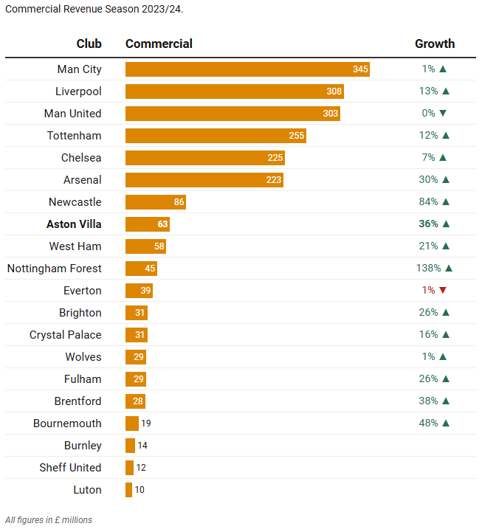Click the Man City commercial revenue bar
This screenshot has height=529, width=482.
(x=247, y=69)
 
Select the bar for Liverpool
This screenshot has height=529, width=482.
(x=234, y=91)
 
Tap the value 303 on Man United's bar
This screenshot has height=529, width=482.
(x=330, y=114)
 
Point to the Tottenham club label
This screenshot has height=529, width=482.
(x=74, y=136)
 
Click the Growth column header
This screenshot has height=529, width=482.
(x=435, y=44)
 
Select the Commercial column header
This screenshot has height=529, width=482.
(x=159, y=44)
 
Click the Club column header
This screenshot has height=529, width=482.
(x=89, y=44)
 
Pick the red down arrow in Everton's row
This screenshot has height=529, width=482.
(x=443, y=291)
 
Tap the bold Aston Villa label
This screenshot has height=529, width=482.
(x=74, y=224)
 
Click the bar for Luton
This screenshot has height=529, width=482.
(x=128, y=490)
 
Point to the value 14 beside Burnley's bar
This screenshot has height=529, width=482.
(x=142, y=446)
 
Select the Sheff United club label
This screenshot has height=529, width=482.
(x=70, y=468)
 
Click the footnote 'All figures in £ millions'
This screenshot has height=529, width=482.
(x=49, y=520)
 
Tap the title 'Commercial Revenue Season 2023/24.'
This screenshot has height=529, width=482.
(x=94, y=9)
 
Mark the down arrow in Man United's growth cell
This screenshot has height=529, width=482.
(x=443, y=114)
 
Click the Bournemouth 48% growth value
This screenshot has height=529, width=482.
(x=428, y=423)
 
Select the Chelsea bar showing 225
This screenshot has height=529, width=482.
(x=204, y=158)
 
